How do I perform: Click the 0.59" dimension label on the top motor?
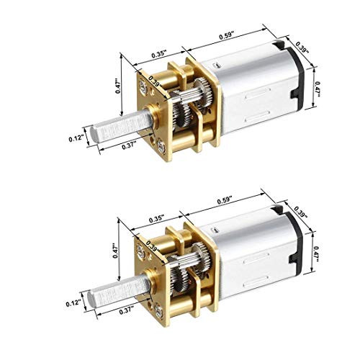pos(226,35)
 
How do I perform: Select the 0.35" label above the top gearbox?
pos(159,54)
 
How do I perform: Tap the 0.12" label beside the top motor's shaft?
pos(76,139)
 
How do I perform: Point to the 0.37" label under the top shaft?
pos(129,145)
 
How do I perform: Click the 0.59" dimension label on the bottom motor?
pos(225,201)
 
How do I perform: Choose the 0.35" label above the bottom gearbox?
pos(156,220)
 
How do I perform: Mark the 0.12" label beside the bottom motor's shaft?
pos(73,303)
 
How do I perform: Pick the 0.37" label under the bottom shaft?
pos(127,310)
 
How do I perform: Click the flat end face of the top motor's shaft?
pos(94,134)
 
